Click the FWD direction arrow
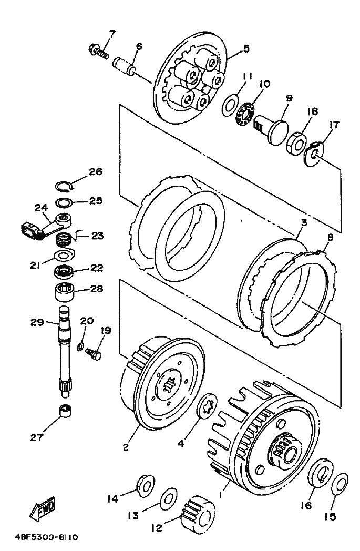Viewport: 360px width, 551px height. [42, 508]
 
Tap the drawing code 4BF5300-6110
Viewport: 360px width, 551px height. [46, 537]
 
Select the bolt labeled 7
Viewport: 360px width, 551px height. [98, 51]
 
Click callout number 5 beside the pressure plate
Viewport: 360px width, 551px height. [246, 48]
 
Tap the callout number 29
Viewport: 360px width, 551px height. [37, 322]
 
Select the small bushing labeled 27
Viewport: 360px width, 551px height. [65, 411]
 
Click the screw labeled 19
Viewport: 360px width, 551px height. [94, 353]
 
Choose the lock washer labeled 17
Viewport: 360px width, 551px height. [313, 154]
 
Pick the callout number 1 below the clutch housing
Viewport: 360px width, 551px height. [221, 495]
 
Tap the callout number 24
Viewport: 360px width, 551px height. [41, 208]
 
